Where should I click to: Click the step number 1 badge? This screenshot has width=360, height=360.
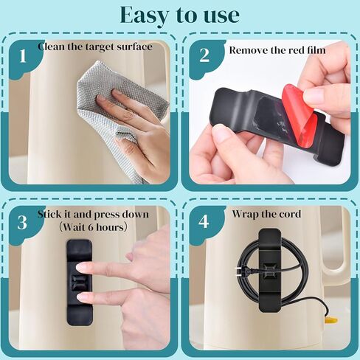click(23, 56)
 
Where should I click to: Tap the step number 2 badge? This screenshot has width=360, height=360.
click(204, 55)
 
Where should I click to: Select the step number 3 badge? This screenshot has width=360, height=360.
click(22, 223)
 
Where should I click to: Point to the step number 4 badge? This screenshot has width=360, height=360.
click(204, 221)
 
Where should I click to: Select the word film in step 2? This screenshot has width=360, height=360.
click(316, 50)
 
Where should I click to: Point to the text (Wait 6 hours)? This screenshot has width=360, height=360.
click(93, 227)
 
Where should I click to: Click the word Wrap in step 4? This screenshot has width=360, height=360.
click(245, 214)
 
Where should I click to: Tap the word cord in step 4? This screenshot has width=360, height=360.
click(291, 214)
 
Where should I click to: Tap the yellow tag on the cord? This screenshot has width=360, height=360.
click(331, 319)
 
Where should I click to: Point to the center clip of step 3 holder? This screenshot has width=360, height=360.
click(79, 282)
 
